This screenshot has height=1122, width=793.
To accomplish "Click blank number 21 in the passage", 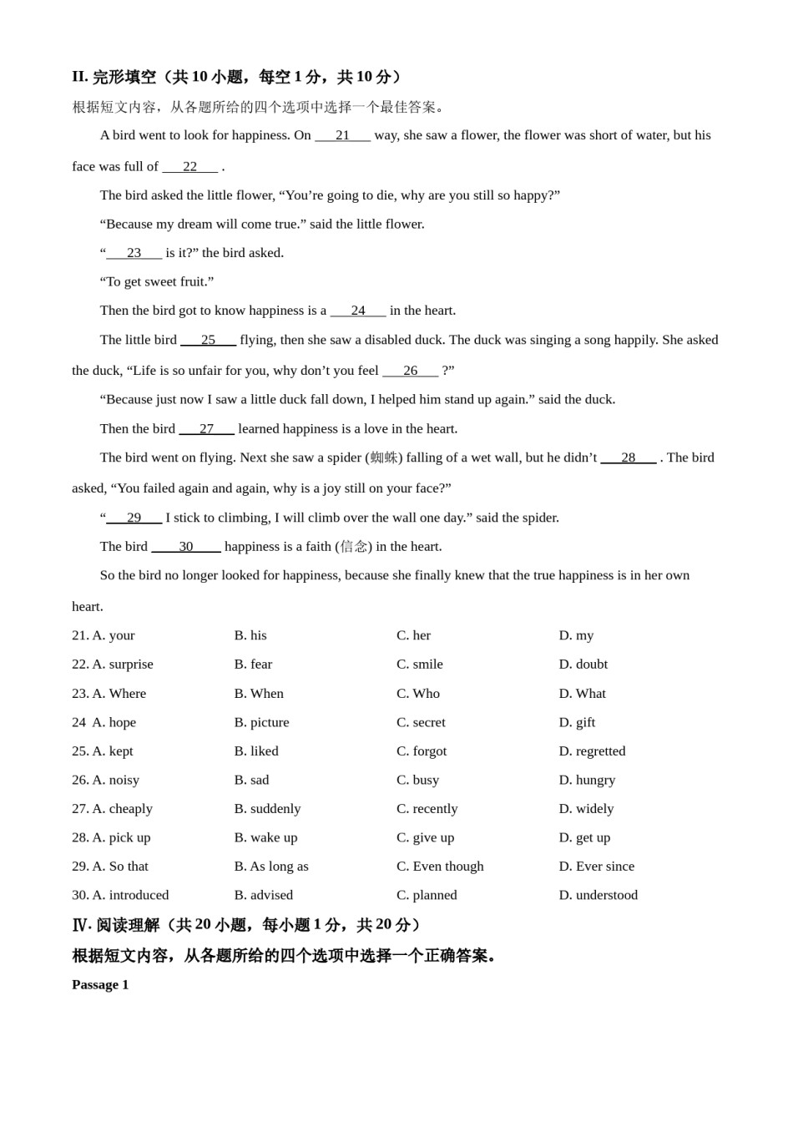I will point(342,135).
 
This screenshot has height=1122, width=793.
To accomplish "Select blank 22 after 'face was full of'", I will point(190,166).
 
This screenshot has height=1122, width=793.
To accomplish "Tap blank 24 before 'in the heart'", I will point(358,311).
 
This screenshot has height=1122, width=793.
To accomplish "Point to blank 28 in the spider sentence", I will point(628,457).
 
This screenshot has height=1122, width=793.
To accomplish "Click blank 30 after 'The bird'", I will point(185,546).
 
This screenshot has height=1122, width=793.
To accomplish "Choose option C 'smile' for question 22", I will point(420,665).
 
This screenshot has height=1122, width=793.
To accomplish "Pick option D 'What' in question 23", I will point(583,694).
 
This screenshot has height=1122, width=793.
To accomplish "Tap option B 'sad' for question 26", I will point(252,780).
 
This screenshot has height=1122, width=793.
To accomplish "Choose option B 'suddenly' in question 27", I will point(267,809).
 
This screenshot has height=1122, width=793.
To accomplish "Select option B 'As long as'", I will point(271,867).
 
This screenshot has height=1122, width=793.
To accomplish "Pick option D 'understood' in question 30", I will point(599,895).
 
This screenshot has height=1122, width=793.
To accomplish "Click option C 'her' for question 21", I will point(414,635).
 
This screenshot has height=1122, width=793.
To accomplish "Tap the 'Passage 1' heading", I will point(100,984).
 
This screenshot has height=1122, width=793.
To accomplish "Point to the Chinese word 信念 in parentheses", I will point(354,546).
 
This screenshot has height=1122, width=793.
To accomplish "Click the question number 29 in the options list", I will point(80,867).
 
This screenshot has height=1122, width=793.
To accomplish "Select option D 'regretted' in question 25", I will point(592,751).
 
